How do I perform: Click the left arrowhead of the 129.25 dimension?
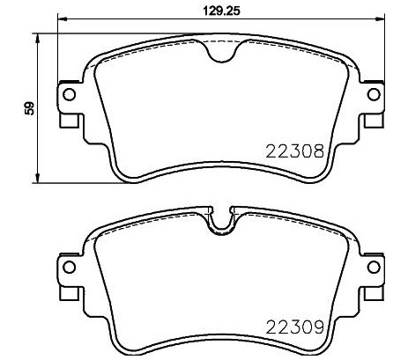62,19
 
